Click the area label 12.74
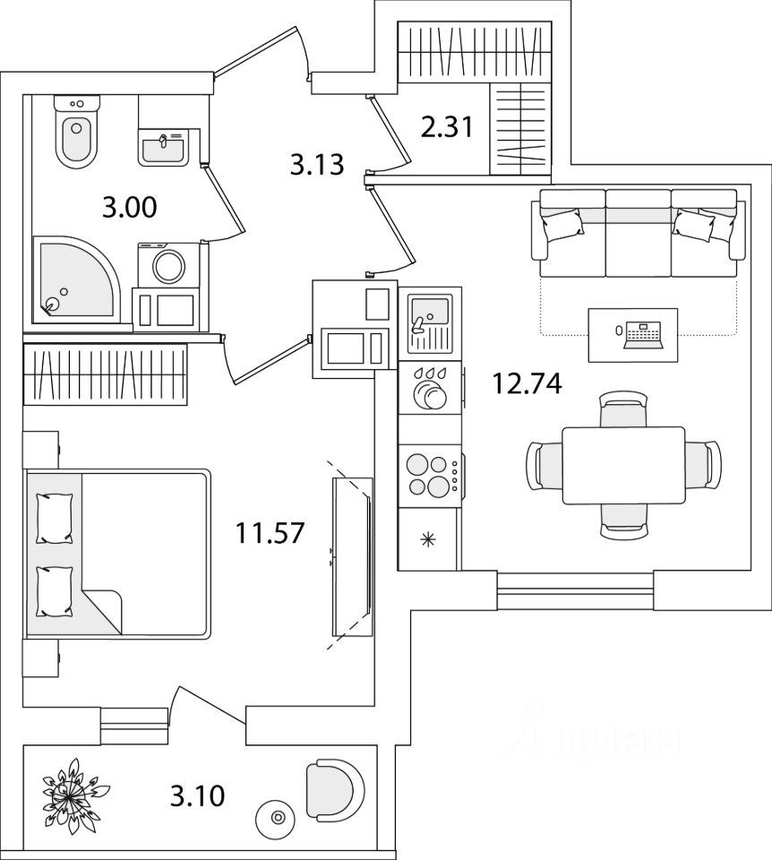tap(526, 384)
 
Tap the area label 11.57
tap(270, 533)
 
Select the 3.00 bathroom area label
tap(129, 209)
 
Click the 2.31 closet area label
tap(446, 129)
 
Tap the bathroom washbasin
tap(163, 144)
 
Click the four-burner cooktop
tap(428, 475)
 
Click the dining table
tap(622, 465)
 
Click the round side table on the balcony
tap(276, 817)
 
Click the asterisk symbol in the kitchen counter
tap(428, 539)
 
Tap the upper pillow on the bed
tap(55, 517)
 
